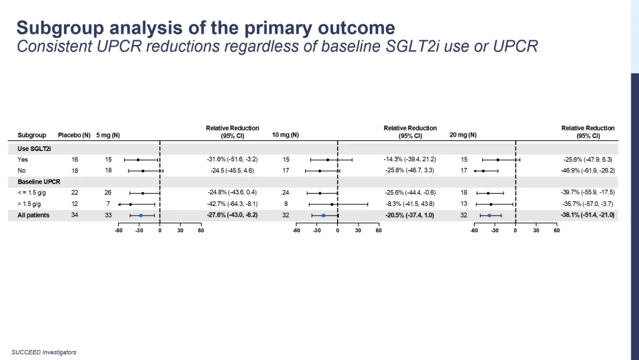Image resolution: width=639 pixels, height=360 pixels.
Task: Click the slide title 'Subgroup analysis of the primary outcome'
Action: click(x=205, y=27)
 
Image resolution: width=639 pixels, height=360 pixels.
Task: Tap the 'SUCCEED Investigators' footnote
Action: click(x=44, y=352)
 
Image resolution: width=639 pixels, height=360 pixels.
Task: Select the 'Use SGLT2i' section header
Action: click(x=34, y=149)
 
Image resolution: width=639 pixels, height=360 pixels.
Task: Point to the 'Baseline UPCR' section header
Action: click(x=39, y=182)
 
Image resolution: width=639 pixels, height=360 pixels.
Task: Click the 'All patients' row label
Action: click(x=34, y=216)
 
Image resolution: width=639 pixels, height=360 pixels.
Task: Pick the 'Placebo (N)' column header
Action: click(x=74, y=136)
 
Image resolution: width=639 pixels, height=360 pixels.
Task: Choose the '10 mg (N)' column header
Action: click(x=285, y=135)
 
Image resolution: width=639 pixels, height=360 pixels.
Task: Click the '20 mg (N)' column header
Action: click(x=463, y=135)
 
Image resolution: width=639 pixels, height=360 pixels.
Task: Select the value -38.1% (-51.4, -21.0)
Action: click(x=588, y=216)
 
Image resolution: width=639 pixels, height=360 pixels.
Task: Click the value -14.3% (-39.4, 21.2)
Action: click(x=410, y=159)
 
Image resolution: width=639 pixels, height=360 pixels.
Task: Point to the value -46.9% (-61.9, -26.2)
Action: click(x=588, y=171)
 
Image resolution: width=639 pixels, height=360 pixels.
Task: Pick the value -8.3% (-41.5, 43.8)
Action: click(x=410, y=204)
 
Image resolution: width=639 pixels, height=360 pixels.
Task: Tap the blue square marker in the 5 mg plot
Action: click(x=141, y=216)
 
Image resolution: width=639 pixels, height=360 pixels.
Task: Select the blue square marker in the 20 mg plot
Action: click(x=489, y=216)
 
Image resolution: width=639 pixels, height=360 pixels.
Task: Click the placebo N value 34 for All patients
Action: click(x=75, y=216)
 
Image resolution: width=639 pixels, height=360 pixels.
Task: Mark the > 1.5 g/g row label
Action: click(x=29, y=204)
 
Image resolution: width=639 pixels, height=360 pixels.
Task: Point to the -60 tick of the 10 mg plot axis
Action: click(x=296, y=231)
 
